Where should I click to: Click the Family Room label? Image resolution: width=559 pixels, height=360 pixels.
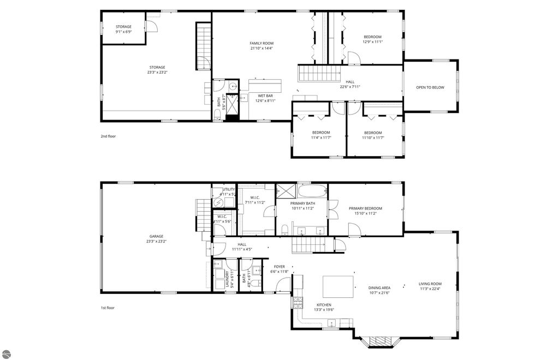coord(261,43)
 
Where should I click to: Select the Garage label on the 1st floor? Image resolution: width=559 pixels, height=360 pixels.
coord(156,236)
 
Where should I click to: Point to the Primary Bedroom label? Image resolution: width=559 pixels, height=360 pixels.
coord(365,208)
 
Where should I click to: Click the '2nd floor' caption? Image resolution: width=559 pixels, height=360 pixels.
coord(108,136)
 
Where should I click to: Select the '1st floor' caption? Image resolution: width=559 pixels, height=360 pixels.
coord(108,308)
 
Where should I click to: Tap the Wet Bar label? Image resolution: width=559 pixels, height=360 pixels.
coord(265,95)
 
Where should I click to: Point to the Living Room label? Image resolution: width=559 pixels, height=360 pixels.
coord(430,284)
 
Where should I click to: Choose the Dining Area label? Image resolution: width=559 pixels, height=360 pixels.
coord(379,287)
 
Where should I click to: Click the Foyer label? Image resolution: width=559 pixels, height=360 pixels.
coord(279,267)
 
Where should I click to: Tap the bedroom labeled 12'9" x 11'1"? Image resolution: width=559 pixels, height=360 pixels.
coord(372,37)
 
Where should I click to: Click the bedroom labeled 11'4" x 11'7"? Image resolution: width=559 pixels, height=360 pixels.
coord(320,133)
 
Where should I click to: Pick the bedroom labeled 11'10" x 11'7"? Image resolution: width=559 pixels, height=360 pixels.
coord(373,133)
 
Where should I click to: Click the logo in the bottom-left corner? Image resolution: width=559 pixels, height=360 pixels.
coord(6,353)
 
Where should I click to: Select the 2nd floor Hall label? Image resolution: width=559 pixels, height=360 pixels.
coord(350,82)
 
